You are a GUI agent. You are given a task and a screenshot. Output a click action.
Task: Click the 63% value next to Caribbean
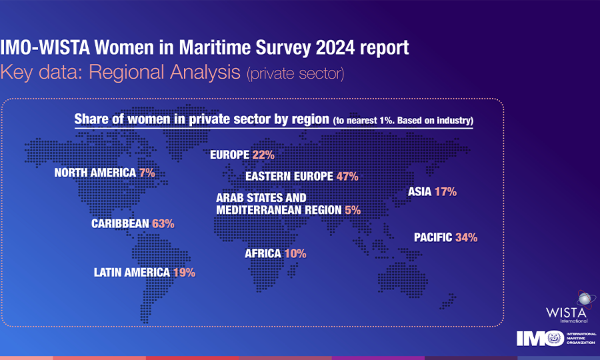163,224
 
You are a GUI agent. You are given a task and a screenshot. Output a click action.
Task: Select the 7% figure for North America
147,173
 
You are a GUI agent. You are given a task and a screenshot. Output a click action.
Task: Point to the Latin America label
133,272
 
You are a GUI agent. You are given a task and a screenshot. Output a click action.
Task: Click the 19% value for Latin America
184,272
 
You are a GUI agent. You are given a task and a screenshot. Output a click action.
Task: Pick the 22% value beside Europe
263,155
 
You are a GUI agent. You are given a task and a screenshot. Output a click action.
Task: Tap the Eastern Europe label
289,177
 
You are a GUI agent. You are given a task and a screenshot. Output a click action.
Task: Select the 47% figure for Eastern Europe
347,177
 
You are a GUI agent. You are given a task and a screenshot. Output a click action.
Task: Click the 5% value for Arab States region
353,210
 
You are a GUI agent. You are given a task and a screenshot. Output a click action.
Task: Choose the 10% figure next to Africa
294,253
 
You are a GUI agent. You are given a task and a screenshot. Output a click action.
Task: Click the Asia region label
419,192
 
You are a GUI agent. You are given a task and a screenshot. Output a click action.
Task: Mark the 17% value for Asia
445,192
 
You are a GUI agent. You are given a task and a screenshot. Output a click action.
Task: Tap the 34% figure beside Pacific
466,237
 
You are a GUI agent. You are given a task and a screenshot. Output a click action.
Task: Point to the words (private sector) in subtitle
295,73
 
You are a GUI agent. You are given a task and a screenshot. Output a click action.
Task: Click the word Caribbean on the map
120,224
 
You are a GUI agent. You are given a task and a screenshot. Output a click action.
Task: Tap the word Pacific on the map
433,237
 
